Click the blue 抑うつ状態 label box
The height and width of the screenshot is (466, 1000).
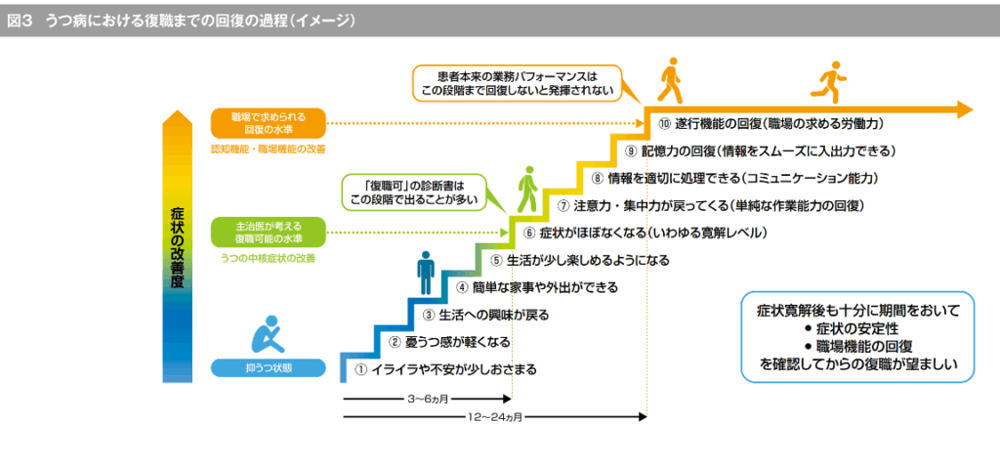[268, 368]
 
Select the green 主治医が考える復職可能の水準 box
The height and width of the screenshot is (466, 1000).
[268, 233]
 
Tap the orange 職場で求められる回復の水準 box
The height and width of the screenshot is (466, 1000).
[268, 122]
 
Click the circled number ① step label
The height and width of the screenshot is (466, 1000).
[359, 370]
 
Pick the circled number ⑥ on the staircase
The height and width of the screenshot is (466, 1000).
[528, 233]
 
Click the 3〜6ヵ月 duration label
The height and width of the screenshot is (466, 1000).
[427, 400]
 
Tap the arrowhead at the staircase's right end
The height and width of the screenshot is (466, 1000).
[965, 107]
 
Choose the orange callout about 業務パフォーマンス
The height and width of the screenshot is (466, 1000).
[517, 82]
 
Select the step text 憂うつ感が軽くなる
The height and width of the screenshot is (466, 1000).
[457, 343]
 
